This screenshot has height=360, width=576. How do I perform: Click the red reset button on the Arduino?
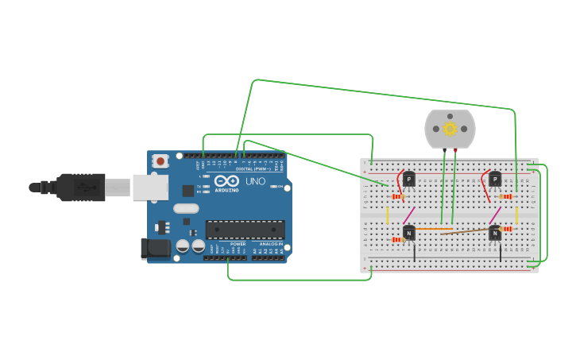click(160, 161)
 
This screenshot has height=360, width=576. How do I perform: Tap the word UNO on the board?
click(255, 181)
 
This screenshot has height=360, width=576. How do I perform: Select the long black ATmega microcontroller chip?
click(245, 230)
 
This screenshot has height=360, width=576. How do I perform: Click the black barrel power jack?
click(155, 249)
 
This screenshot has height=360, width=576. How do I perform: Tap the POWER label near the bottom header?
click(238, 244)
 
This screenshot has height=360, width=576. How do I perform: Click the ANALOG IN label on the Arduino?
click(269, 244)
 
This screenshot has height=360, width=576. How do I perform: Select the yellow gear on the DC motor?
click(450, 129)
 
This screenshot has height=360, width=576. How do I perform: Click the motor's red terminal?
click(455, 149)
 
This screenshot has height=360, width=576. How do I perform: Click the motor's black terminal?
click(444, 149)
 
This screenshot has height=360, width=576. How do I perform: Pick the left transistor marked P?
click(408, 180)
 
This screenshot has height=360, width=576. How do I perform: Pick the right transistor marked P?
click(495, 180)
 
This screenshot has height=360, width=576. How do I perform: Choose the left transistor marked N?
click(408, 233)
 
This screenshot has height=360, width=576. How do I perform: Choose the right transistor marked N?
click(495, 233)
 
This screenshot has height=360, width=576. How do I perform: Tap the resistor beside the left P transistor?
click(396, 196)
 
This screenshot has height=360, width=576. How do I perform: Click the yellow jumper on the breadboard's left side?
click(388, 215)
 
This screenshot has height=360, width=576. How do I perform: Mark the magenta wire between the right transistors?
click(495, 215)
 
